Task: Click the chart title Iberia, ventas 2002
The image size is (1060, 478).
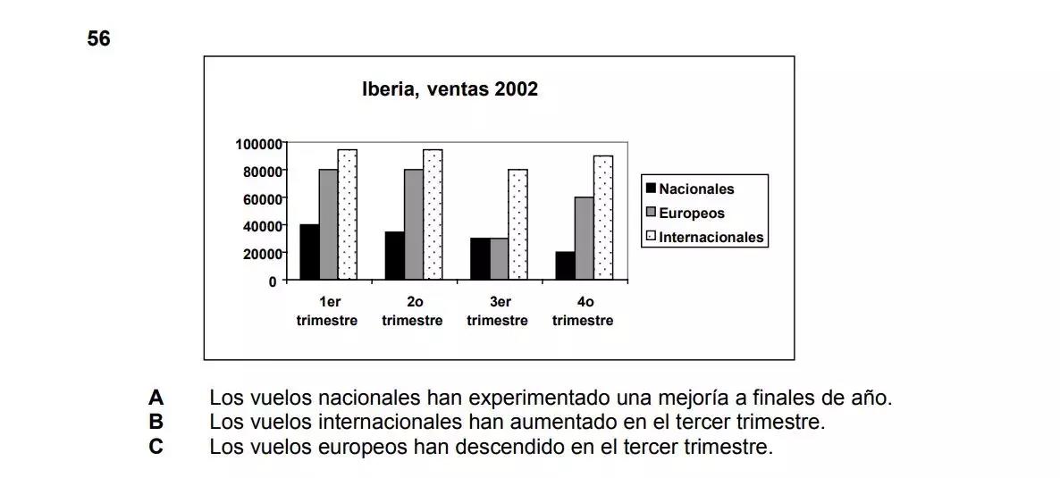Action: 450,90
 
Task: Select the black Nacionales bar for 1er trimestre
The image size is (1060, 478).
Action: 309,252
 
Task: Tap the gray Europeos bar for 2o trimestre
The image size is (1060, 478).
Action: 414,224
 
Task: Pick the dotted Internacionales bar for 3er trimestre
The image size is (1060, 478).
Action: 517,224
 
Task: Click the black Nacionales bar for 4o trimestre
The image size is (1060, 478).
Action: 565,265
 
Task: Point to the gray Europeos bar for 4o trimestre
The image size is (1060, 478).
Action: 584,239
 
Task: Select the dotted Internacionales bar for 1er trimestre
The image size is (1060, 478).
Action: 347,214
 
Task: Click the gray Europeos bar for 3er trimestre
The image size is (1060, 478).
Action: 499,259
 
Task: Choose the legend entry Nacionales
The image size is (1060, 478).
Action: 695,189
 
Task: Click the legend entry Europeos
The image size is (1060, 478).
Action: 691,214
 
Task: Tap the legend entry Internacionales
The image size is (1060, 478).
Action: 711,238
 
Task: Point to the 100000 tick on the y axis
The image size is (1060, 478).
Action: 258,143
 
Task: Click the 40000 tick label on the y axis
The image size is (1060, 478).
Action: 261,226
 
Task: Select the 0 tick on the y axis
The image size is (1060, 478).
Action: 273,281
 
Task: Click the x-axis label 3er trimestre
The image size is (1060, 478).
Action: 498,312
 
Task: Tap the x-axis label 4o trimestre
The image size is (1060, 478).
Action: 583,312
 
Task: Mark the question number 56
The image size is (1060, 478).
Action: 99,39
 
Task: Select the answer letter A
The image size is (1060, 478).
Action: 156,398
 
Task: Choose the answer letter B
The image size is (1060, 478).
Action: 156,421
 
